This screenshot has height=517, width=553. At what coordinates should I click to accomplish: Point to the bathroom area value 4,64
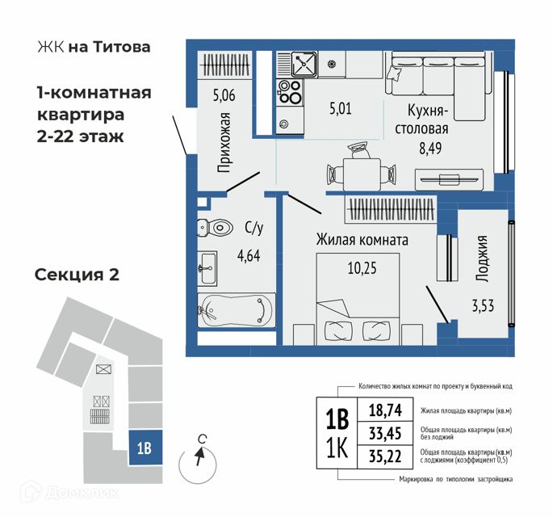248,259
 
